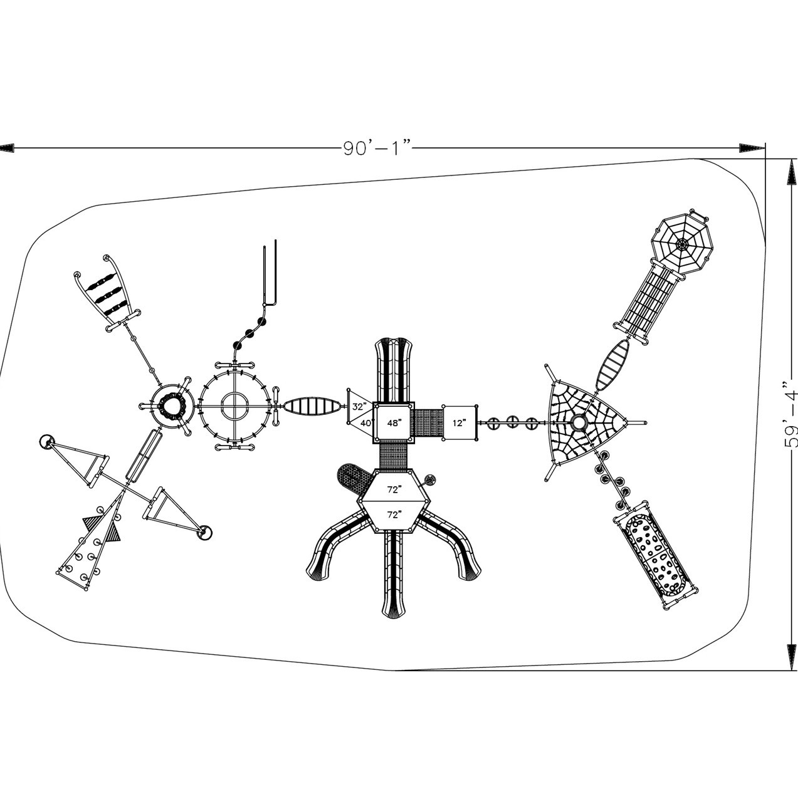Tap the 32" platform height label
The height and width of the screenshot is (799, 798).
coord(359,406)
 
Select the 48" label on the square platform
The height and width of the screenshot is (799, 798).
coord(394,422)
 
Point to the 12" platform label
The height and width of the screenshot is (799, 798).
coord(459,423)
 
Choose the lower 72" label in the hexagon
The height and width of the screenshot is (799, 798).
coord(393,514)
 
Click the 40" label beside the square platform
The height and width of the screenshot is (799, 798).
coord(366,422)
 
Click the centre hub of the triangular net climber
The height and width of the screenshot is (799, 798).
coord(579,423)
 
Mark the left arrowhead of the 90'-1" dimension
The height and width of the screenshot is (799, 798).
coord(6,149)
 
